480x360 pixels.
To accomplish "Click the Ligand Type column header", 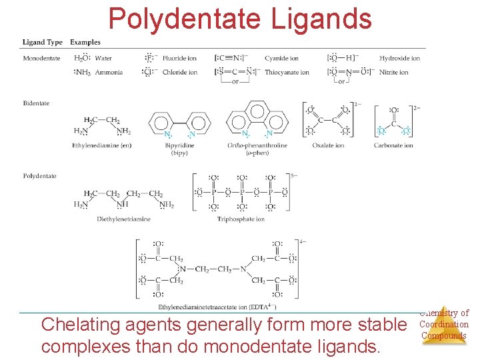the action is point(43,42).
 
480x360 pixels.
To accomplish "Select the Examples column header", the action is point(85,42).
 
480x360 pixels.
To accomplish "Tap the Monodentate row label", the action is point(41,58).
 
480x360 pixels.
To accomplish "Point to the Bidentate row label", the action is point(36,103).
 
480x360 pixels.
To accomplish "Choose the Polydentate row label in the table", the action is point(39,176).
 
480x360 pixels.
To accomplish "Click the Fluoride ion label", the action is point(180,58).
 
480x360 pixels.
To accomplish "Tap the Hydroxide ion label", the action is point(399,58).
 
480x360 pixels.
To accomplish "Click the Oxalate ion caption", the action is point(329,145).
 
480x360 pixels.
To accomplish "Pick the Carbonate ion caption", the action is point(393,145).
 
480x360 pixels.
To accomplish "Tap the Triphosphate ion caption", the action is point(241,219).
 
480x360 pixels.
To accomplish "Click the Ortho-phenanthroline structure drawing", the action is point(257,120).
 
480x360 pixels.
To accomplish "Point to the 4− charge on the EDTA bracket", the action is point(303,241).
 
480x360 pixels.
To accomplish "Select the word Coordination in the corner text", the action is point(443,325).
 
